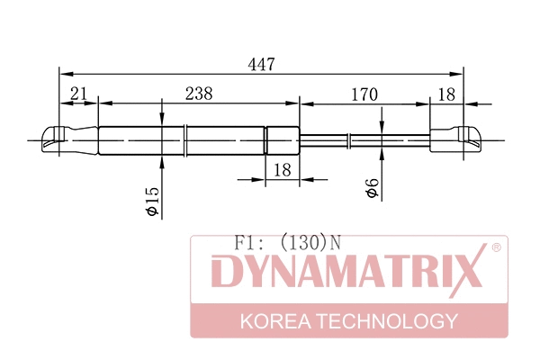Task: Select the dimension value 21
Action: click(78, 94)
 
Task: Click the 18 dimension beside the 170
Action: click(445, 94)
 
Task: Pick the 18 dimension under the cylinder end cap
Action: click(282, 168)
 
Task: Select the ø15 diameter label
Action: click(153, 200)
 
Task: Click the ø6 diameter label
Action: click(371, 190)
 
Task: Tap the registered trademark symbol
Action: click(496, 247)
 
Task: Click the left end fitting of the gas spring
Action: click(67, 140)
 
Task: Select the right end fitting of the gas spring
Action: click(459, 139)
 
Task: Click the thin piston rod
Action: click(364, 139)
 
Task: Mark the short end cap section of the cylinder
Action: click(282, 140)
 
